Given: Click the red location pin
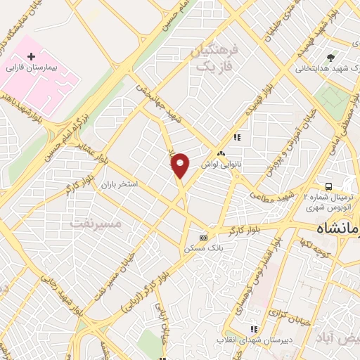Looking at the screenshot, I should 180,165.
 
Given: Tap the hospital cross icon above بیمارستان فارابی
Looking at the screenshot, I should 31,56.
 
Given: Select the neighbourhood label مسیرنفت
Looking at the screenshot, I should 96,223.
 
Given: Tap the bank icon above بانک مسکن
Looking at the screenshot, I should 204,238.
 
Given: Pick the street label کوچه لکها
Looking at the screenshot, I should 316,247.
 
